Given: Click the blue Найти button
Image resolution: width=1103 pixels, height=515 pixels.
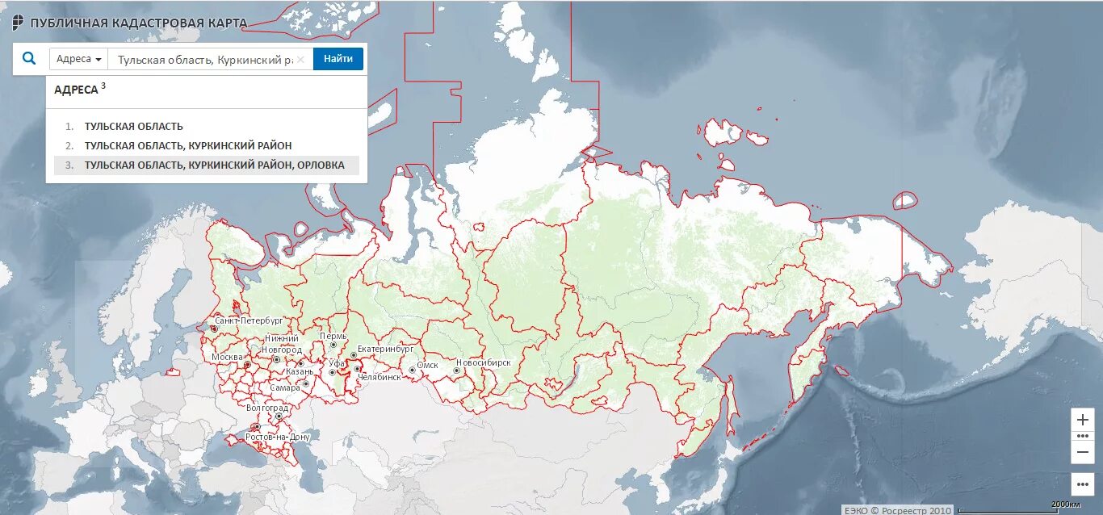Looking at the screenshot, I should [x=338, y=59].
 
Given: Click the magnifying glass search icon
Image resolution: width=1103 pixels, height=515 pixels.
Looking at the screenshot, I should [x=29, y=59].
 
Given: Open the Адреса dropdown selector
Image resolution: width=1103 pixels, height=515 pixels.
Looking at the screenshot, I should [x=79, y=59].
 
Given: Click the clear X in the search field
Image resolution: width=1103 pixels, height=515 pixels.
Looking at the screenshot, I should [x=300, y=59].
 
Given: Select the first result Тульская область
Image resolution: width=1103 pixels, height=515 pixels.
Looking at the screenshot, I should [x=133, y=127].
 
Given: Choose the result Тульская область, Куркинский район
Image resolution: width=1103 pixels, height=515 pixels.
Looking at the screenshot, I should [x=188, y=146].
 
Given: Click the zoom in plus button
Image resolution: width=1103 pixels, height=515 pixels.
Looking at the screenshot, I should [x=1082, y=420].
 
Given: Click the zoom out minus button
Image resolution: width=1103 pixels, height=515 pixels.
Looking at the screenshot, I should [x=1082, y=452].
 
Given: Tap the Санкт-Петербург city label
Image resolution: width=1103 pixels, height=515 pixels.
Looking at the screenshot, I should [x=249, y=320].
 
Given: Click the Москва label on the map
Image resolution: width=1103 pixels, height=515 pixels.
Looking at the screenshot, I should [x=227, y=357].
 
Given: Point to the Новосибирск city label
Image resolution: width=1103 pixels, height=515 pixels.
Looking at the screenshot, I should [x=483, y=363].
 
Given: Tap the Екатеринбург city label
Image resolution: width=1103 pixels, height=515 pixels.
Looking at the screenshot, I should [x=385, y=350].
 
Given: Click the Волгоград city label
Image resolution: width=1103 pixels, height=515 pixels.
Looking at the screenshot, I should [x=267, y=408].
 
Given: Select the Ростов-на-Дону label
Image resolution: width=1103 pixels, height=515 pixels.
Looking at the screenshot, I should [x=278, y=437].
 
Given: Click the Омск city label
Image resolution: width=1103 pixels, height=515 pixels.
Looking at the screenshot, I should [x=427, y=366].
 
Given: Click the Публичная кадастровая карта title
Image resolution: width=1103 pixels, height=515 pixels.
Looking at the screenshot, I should [x=138, y=23].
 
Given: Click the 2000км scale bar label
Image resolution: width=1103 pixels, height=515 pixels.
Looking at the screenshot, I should [x=1065, y=505].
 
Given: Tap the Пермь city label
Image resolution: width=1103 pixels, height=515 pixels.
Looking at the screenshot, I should [x=333, y=336].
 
